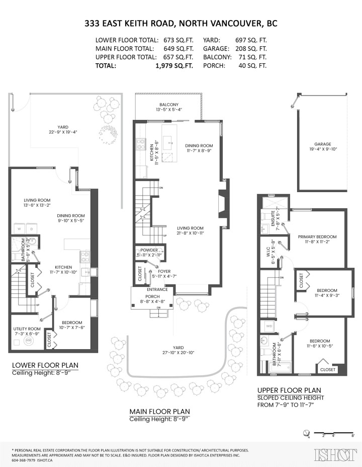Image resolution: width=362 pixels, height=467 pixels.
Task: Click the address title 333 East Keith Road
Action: (181, 24)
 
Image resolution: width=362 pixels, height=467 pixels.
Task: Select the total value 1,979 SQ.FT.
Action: (178, 66)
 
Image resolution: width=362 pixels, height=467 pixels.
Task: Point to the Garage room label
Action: (323, 144)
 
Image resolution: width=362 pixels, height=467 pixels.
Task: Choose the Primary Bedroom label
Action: (317, 237)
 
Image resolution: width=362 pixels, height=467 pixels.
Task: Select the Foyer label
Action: (164, 271)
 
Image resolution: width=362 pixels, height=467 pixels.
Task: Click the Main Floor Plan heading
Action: (159, 411)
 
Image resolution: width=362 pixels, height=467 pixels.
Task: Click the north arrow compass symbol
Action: (306, 432)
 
